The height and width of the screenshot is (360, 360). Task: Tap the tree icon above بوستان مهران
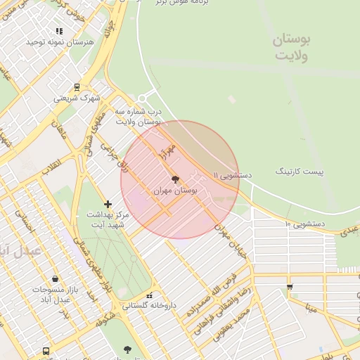click(175, 180)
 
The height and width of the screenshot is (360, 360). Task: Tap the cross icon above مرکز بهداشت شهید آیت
click(108, 204)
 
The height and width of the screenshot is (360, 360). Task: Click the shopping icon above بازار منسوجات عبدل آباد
click(55, 279)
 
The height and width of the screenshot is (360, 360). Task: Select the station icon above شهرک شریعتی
click(77, 88)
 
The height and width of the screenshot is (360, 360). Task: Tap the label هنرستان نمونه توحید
click(60, 42)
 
